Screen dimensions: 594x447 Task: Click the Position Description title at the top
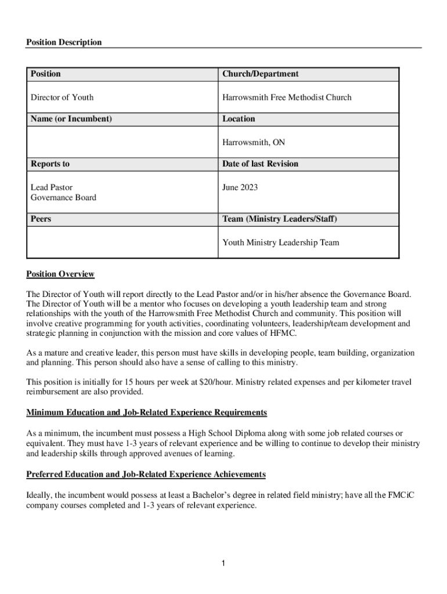click(64, 42)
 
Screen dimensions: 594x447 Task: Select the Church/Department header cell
click(260, 74)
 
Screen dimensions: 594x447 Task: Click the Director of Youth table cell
click(62, 97)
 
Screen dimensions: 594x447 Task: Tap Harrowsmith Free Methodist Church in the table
click(286, 97)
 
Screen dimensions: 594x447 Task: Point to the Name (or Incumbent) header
click(71, 119)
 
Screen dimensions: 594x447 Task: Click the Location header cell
click(239, 119)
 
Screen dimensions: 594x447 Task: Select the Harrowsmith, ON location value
click(253, 142)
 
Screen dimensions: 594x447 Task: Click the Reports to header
click(50, 164)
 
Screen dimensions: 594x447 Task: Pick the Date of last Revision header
click(260, 164)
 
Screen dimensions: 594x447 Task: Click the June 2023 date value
click(240, 187)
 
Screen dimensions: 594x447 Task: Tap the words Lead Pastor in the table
click(52, 187)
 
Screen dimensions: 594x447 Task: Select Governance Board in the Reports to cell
click(63, 198)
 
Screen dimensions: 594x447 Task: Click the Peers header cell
click(41, 219)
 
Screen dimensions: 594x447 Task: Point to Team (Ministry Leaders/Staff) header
click(279, 219)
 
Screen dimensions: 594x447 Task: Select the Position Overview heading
click(60, 274)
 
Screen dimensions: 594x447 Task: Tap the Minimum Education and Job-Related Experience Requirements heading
click(147, 412)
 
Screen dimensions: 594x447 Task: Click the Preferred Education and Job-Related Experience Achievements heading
click(146, 475)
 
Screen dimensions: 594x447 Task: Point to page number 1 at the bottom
click(223, 563)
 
